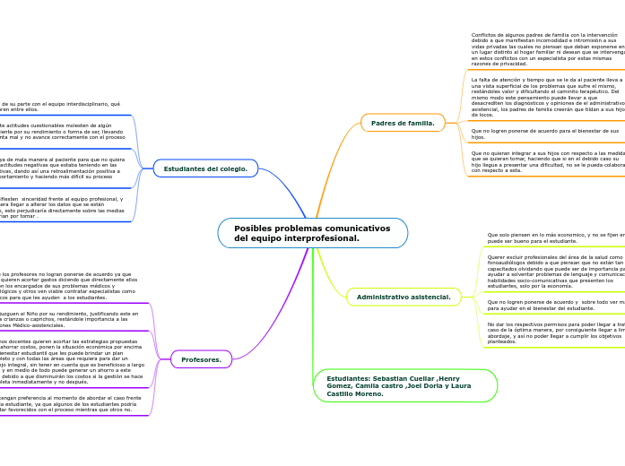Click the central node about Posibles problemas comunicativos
tap(312, 233)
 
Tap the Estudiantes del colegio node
tap(205, 168)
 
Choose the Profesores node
tap(201, 359)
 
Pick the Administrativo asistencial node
tap(403, 297)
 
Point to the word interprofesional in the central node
tap(319, 238)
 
